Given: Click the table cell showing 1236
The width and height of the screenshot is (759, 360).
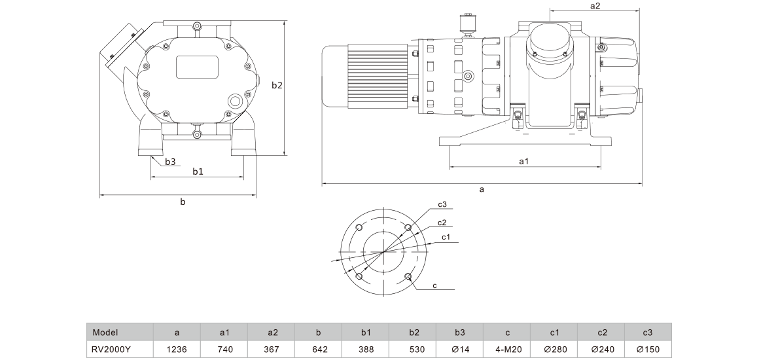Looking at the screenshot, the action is [x=177, y=349].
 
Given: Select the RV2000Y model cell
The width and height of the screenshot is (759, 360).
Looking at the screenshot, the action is [x=111, y=349].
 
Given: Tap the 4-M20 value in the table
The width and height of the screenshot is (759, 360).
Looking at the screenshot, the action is [x=507, y=349].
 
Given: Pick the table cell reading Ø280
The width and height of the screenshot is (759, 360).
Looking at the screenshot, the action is [x=554, y=349].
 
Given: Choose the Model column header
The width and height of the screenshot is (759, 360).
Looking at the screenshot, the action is [x=105, y=333].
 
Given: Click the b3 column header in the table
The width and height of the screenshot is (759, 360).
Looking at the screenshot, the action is [x=460, y=333].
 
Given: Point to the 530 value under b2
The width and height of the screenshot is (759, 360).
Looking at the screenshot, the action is [x=413, y=349].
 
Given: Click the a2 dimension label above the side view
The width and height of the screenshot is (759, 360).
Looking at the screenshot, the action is [x=595, y=6].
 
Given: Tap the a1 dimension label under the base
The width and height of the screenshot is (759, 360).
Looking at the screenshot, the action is [x=523, y=162].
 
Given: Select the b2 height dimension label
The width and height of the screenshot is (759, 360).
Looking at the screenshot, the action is [x=277, y=85].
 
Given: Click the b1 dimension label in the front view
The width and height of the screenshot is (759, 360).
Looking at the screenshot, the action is [x=198, y=171].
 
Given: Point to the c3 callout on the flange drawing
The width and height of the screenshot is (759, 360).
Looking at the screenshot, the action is [x=442, y=204].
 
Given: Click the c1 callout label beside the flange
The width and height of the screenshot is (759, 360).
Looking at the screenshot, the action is [x=446, y=236].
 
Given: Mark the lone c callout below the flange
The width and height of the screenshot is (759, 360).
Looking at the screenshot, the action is [x=434, y=285].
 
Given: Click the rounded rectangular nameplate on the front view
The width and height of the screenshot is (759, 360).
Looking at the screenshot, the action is [x=197, y=67].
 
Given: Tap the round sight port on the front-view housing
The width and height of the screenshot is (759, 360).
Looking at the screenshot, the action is [x=236, y=101].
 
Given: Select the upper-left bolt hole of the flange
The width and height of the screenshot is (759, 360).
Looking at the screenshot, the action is [x=359, y=227].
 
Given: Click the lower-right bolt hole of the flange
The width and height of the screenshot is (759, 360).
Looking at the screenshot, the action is [x=408, y=277].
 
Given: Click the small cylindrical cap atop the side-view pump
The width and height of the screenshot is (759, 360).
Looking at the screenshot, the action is [x=468, y=24].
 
